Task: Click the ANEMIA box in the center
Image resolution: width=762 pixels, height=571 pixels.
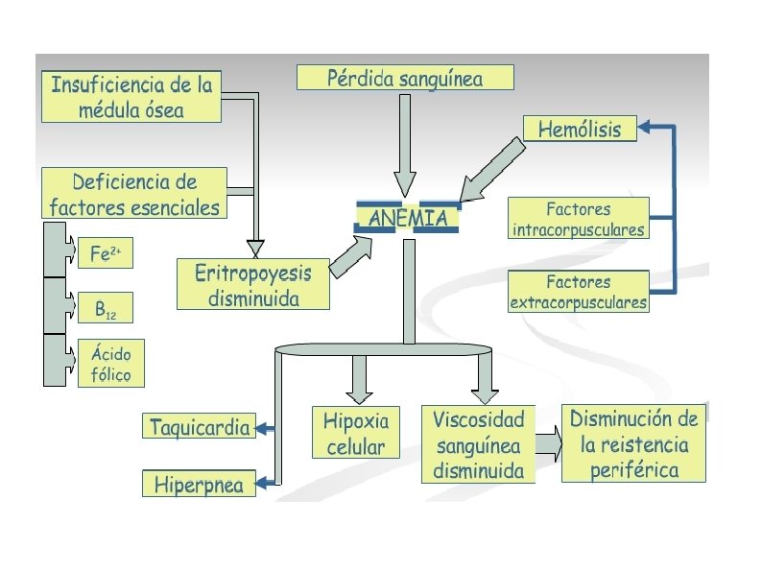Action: [x=408, y=218]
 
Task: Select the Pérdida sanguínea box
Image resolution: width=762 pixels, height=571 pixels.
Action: [x=405, y=78]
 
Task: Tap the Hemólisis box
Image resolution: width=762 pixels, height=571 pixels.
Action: [x=580, y=129]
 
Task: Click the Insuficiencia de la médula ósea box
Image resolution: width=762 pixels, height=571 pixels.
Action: [x=131, y=96]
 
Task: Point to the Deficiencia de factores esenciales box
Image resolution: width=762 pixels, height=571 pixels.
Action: [x=134, y=193]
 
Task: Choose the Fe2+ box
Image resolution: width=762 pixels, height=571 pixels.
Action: [x=105, y=254]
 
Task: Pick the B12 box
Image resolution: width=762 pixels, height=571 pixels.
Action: [x=105, y=309]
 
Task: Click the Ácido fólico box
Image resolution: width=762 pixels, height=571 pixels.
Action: [x=111, y=363]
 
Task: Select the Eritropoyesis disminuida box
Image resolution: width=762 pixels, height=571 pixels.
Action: [x=253, y=285]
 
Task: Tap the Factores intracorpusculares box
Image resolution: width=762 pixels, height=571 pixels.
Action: [x=578, y=219]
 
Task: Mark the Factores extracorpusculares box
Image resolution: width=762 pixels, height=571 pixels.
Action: [x=578, y=292]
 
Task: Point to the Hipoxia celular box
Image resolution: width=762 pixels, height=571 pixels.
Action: [x=355, y=433]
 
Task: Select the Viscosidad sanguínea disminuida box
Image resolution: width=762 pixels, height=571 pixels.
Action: [x=478, y=444]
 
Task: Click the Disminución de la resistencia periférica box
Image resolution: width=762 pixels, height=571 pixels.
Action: [x=633, y=443]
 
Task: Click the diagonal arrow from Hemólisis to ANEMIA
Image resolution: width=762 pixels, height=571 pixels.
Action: [x=490, y=169]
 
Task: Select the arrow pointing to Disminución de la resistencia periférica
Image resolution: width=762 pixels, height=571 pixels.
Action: [x=548, y=444]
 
